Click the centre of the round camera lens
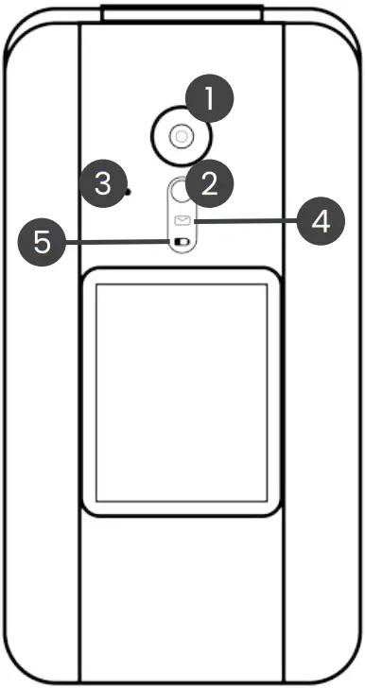pos(180,138)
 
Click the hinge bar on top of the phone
pos(182,12)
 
